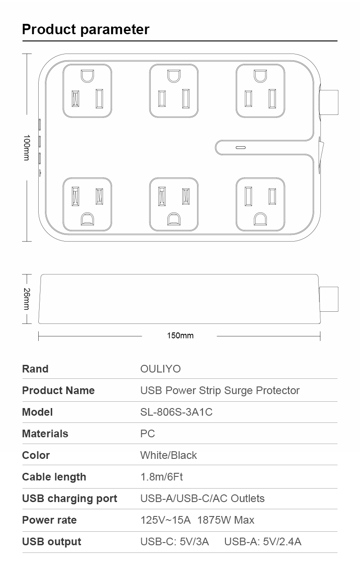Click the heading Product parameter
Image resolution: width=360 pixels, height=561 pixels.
coord(85,30)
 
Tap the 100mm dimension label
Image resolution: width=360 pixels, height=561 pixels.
coord(27,147)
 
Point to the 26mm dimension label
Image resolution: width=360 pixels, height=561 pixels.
coord(27,299)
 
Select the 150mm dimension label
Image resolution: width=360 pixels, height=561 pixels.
coord(180,336)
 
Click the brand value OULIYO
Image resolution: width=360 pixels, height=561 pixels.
coord(160,369)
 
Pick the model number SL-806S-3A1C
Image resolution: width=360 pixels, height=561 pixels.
coord(176,412)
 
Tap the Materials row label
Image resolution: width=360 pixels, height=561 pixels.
coord(45,434)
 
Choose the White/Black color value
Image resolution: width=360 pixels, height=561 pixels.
coord(169,455)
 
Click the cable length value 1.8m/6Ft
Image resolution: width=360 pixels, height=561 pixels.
coord(162,477)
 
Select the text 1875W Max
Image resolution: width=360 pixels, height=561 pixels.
coord(226,520)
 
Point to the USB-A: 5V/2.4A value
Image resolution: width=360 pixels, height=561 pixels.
coord(263,542)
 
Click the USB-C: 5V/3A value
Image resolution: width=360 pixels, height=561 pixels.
coord(175,542)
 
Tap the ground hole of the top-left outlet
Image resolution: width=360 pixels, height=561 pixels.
coord(87,76)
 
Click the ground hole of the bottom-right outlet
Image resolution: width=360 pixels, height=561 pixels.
coord(260,219)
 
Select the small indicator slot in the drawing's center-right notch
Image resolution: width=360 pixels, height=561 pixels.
coord(241,148)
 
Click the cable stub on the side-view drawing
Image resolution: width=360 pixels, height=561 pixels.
coord(329,299)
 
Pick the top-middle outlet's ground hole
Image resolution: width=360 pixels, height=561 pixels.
coord(174,76)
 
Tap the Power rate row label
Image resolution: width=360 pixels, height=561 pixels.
coord(49,520)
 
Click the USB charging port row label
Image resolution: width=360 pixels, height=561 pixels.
coord(70,498)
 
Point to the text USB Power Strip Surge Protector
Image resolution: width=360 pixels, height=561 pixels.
coord(220,390)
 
